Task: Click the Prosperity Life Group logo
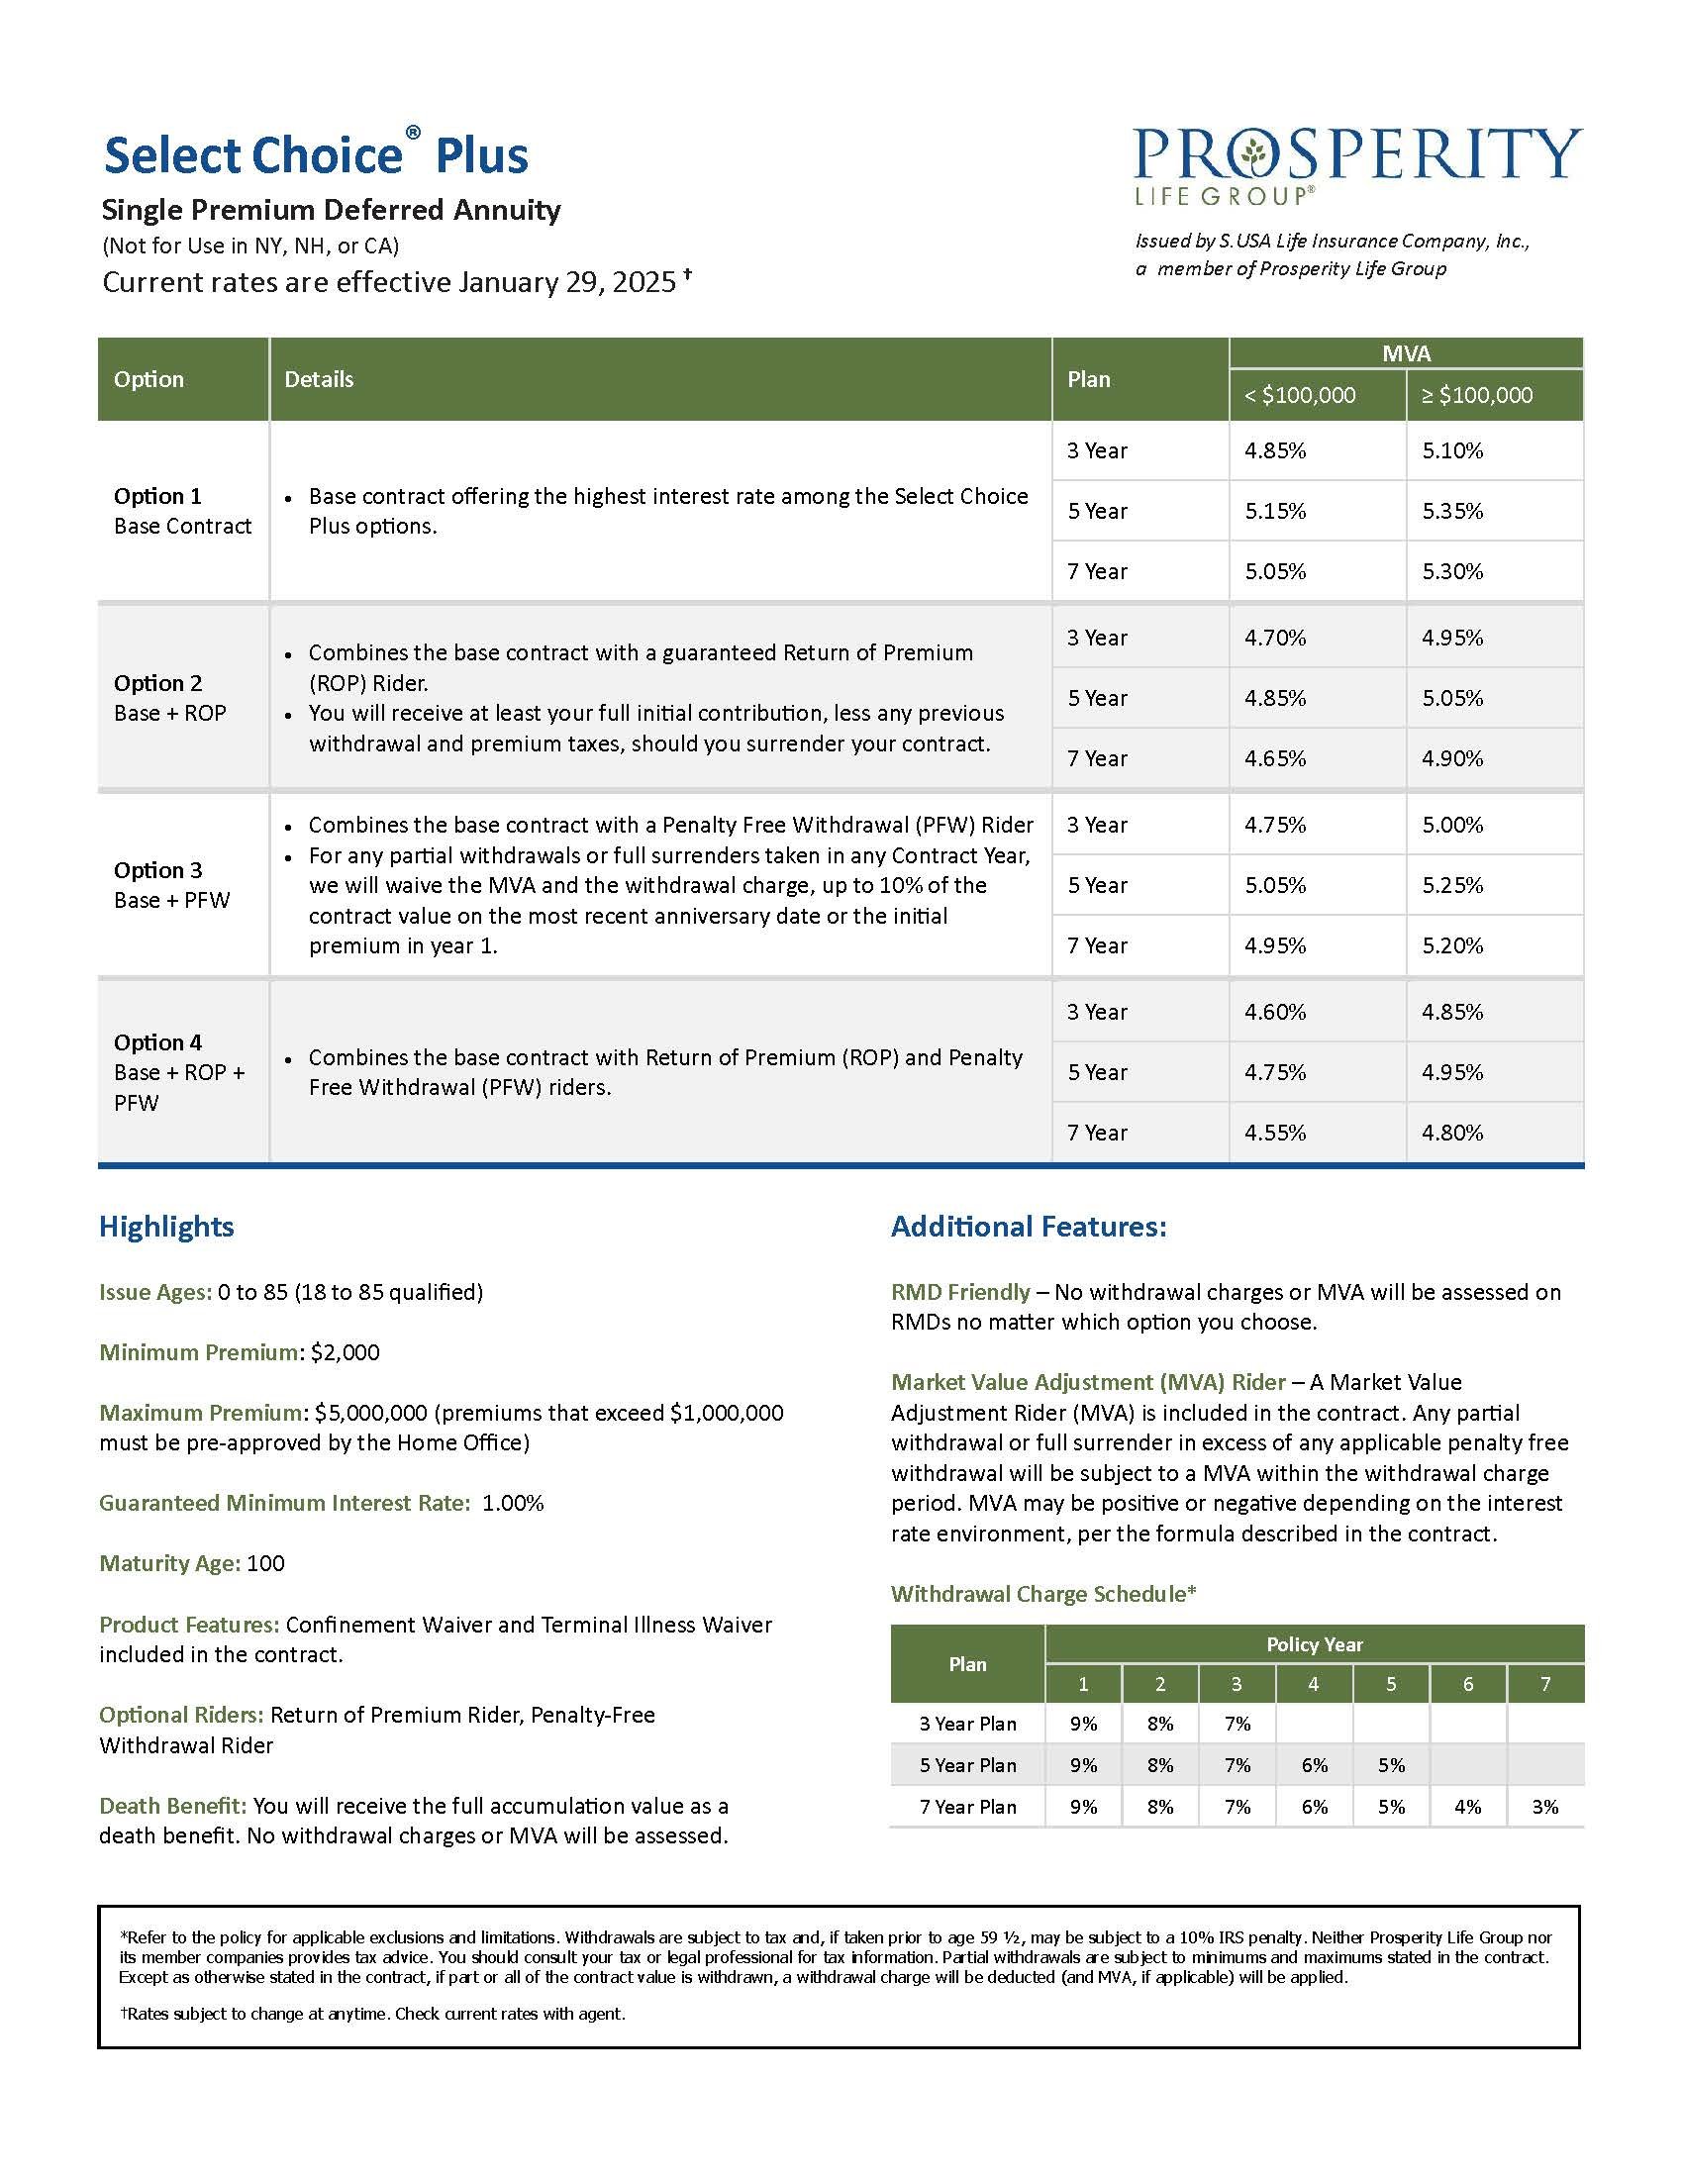tap(1357, 165)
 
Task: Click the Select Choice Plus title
tap(315, 155)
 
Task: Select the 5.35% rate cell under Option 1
tap(1451, 511)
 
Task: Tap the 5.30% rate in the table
tap(1451, 571)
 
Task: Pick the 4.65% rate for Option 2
tap(1274, 758)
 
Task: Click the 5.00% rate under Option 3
tap(1451, 825)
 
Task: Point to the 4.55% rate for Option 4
tap(1274, 1132)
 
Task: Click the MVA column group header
tap(1406, 353)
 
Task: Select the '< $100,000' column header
tap(1299, 395)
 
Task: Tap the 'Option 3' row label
tap(157, 870)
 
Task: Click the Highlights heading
tap(165, 1227)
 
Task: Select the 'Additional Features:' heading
tap(1028, 1227)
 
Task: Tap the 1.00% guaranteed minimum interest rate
tap(513, 1503)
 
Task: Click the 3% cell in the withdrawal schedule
tap(1544, 1806)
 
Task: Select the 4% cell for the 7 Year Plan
tap(1467, 1806)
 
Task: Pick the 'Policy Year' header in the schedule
tap(1313, 1644)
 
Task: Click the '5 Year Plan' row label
tap(967, 1765)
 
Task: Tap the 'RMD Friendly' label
tap(959, 1292)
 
